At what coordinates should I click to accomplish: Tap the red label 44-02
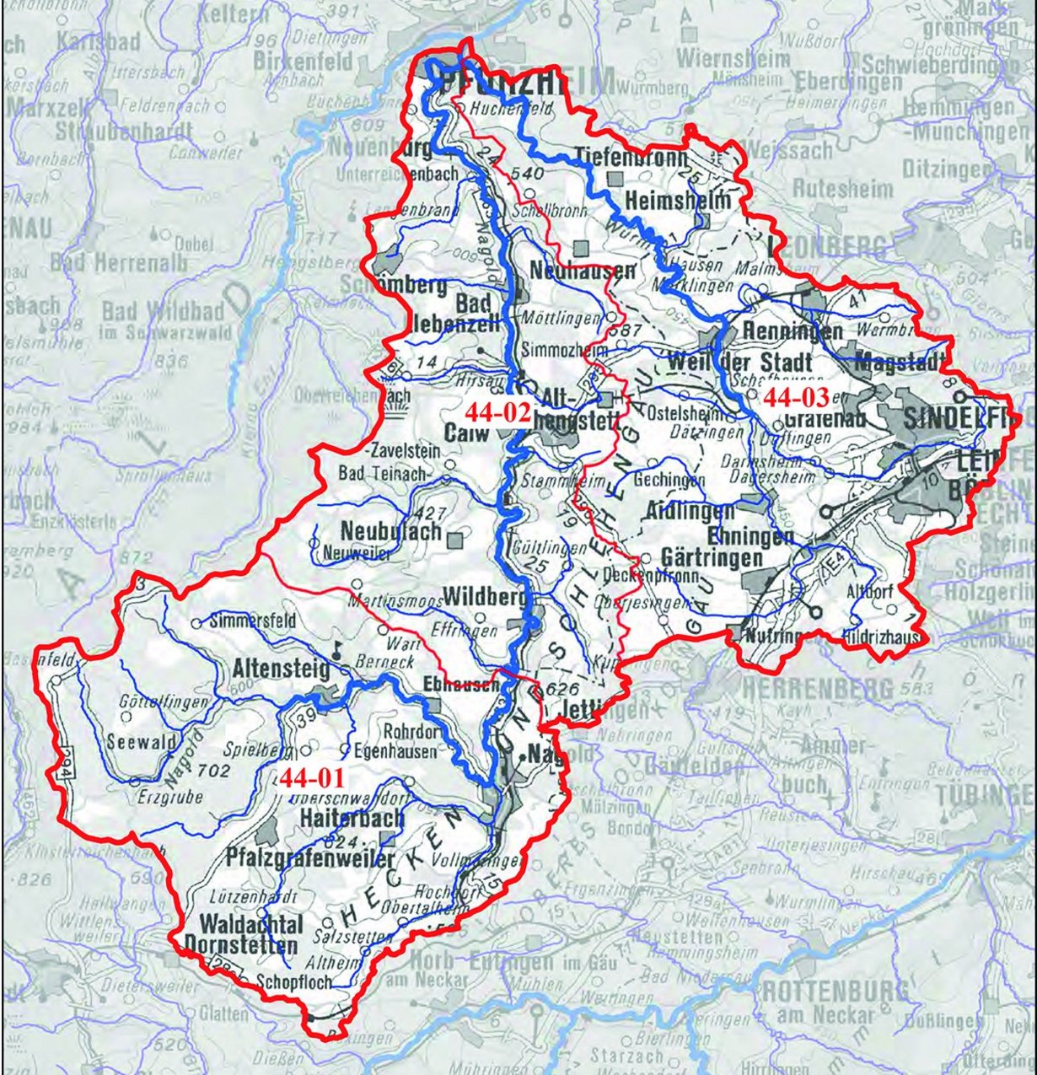click(497, 412)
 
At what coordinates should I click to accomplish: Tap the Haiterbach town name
click(352, 818)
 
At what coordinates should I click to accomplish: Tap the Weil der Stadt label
click(739, 362)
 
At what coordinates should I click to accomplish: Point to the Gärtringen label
click(712, 558)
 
